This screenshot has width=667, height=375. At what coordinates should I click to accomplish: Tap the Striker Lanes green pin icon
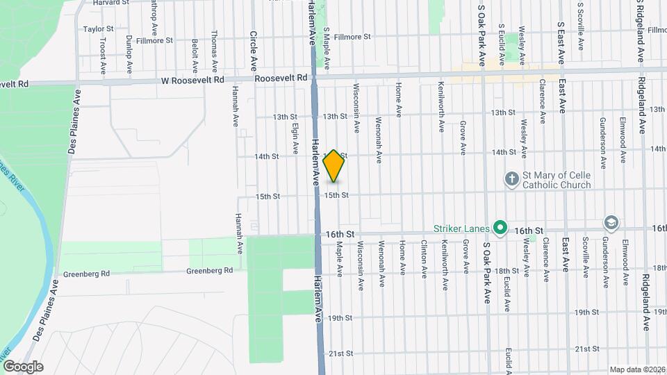pos(500,227)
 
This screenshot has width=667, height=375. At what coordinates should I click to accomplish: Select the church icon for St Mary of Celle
pos(511,180)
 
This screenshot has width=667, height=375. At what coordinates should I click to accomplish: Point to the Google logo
pos(23,366)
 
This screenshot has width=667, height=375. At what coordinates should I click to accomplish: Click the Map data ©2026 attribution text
pos(637,369)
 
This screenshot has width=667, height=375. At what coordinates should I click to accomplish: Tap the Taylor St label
pos(98,29)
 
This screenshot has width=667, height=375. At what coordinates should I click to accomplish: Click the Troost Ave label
pos(102,56)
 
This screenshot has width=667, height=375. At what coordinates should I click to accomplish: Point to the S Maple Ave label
pos(326,48)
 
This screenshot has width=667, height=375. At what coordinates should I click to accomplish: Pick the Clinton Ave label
pos(424,256)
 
